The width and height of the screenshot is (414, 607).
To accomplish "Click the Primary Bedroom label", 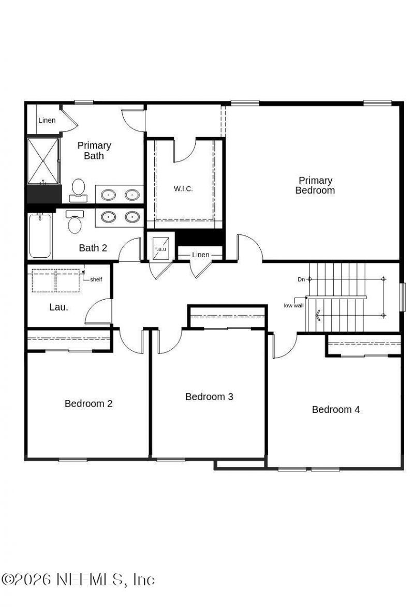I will (x=315, y=185).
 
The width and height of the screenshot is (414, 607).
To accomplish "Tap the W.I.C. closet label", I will (x=183, y=189).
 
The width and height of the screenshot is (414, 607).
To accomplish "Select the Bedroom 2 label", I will (x=88, y=404).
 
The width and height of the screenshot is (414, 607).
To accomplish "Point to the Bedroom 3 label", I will (x=209, y=397).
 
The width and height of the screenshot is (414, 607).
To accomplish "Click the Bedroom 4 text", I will (x=336, y=410).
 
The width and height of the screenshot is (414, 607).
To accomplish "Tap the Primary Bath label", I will (x=94, y=151).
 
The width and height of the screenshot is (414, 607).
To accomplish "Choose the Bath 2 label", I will (x=93, y=248).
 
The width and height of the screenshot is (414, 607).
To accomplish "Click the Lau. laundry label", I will (x=58, y=307).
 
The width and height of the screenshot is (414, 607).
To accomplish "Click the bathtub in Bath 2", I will (x=40, y=236).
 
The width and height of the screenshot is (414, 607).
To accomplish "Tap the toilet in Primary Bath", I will (x=79, y=189).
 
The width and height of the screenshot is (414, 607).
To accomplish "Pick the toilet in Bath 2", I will (x=75, y=223).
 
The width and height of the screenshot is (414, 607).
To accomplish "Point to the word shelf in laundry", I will (x=96, y=280).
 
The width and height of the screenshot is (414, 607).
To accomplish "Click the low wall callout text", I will (x=293, y=305).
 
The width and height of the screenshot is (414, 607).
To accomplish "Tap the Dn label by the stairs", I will (x=301, y=279).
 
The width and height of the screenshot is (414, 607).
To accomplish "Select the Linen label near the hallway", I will (x=201, y=255).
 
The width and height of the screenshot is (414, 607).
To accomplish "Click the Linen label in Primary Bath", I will (x=47, y=121).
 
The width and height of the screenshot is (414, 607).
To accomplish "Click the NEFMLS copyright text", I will (x=78, y=580).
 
